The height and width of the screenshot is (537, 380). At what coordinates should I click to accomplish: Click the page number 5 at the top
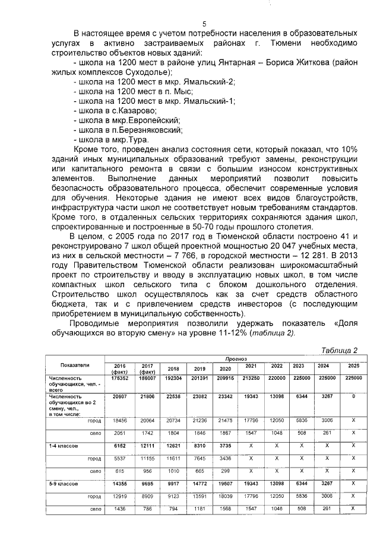point(204,24)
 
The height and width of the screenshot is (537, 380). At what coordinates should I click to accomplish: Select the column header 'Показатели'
point(74,366)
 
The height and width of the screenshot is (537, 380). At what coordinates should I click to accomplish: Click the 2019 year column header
point(198,368)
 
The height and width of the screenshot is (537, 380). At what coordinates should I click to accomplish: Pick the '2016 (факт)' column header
point(119,368)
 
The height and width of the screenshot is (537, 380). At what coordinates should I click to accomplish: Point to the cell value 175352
point(119,378)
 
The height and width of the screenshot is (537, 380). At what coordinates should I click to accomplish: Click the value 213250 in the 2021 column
point(251,378)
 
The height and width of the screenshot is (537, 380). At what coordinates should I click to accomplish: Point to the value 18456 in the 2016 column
point(119,420)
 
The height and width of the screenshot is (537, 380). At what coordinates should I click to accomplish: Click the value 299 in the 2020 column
point(224,469)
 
